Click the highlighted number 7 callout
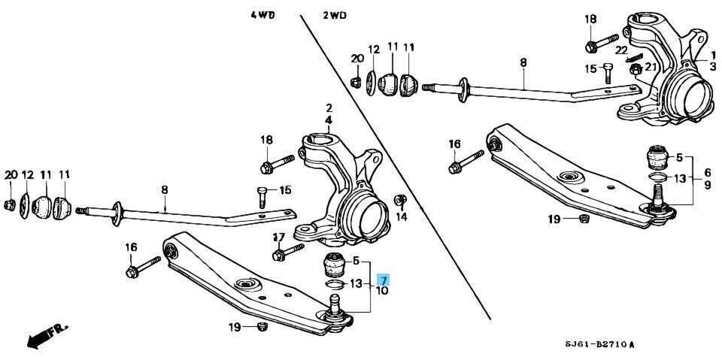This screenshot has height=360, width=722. click(383, 280)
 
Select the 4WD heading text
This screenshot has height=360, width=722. click(262, 15)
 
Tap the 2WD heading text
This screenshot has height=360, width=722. click(335, 15)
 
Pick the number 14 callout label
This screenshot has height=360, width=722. click(402, 216)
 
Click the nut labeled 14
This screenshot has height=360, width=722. click(400, 200)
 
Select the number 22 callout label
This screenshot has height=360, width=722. click(621, 50)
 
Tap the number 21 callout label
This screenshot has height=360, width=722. click(649, 67)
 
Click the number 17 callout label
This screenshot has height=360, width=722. click(278, 237)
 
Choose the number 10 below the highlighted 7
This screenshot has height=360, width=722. click(383, 291)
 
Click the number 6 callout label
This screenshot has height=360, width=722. click(706, 172)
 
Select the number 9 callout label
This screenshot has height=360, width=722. click(706, 184)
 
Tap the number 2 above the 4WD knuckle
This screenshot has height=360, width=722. click(329, 109)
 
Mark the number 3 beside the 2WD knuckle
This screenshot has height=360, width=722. click(713, 67)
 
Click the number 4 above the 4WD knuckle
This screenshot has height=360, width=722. click(329, 120)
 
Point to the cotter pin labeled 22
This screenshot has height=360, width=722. click(634, 58)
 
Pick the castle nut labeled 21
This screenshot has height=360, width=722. click(636, 69)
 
